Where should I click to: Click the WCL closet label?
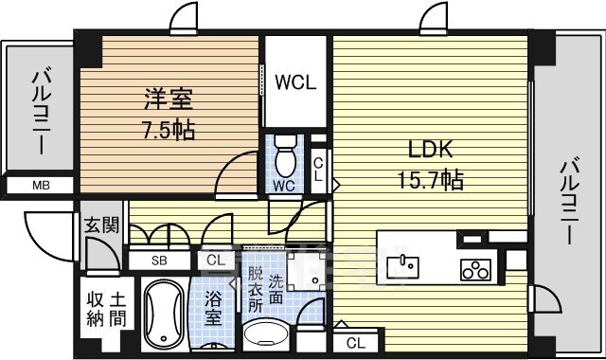295,81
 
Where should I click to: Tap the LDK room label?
431,150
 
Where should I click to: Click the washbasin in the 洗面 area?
270,337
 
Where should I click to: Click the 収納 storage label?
94,310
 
